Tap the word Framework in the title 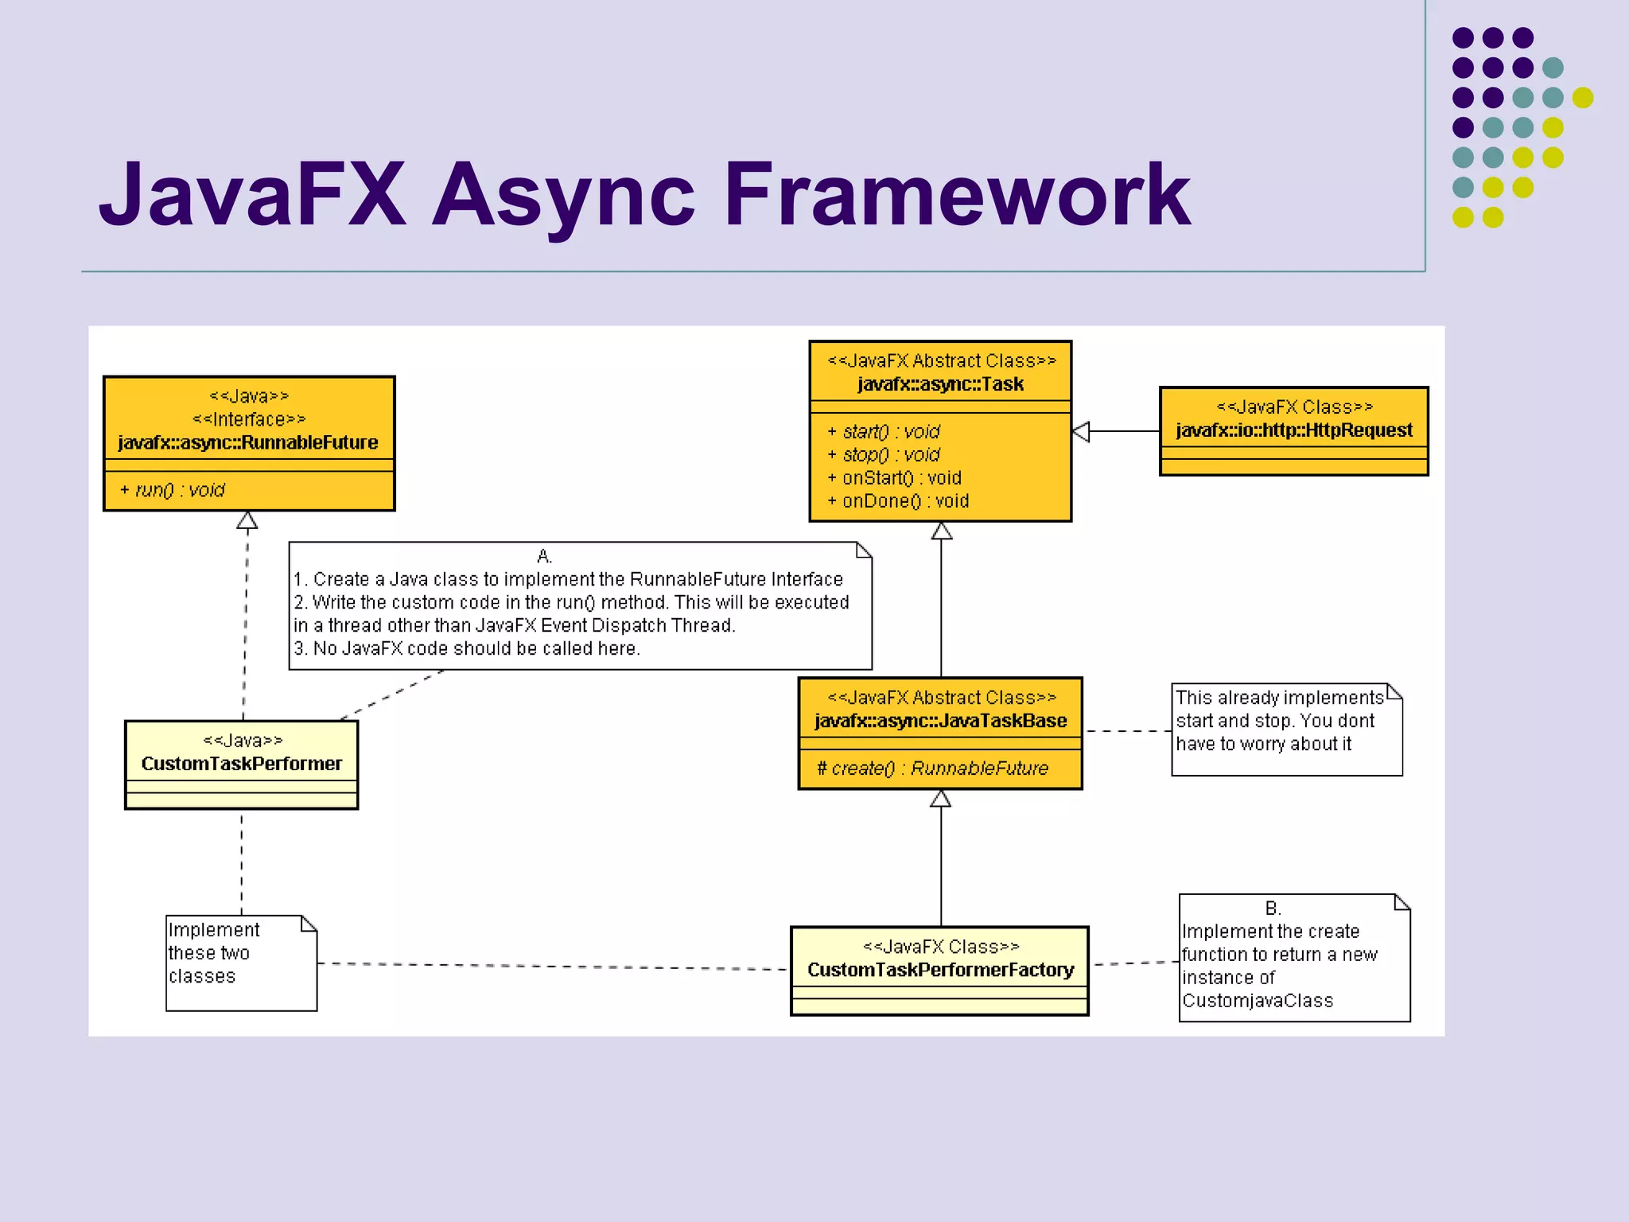[x=957, y=194]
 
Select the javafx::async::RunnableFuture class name [x=248, y=442]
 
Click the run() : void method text [x=173, y=490]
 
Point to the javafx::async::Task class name [x=940, y=384]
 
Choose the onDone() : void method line [x=898, y=501]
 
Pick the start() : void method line [x=884, y=432]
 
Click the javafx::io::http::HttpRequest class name [x=1294, y=430]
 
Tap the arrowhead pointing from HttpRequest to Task [x=1082, y=432]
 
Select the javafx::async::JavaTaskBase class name [x=940, y=721]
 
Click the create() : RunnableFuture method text [x=932, y=769]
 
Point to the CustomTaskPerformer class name [x=242, y=764]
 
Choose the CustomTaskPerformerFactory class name [x=940, y=970]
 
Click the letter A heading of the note [x=544, y=556]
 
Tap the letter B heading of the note [x=1273, y=908]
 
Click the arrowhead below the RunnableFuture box [x=247, y=521]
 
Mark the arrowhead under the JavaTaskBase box [x=941, y=799]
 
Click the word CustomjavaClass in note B [x=1257, y=1001]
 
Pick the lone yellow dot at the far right [x=1583, y=98]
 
